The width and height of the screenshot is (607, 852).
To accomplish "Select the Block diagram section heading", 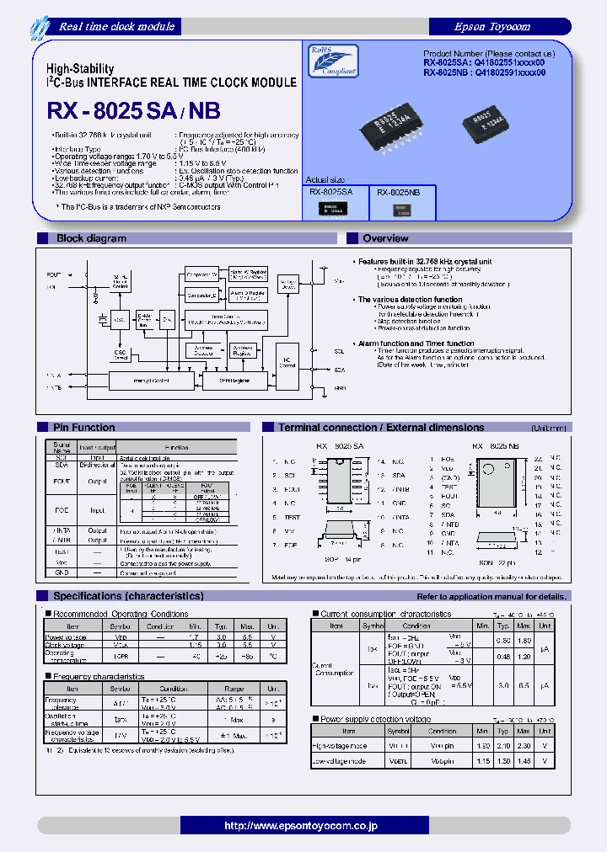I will click(91, 238).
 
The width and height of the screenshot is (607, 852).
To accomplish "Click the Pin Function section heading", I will click(83, 428).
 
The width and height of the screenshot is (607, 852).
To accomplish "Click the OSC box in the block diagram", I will click(120, 319).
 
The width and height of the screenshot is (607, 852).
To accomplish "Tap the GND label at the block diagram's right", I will click(339, 388).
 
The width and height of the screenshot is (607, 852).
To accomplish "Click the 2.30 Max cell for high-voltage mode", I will click(524, 746).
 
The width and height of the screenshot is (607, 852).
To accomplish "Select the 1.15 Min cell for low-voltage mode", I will click(483, 761).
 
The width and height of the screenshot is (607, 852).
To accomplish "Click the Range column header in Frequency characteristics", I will click(234, 688).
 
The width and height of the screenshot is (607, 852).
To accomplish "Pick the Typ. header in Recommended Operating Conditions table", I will click(220, 626).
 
